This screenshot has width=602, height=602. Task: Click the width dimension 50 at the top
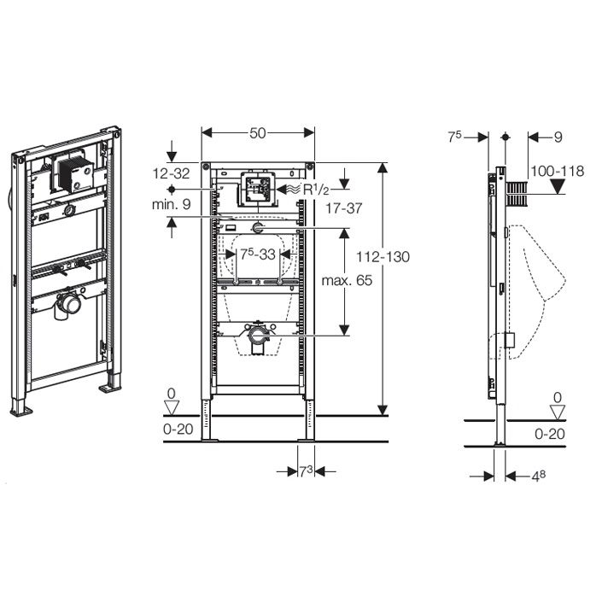click(258, 133)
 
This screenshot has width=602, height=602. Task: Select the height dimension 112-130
click(383, 257)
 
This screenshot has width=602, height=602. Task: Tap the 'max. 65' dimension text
click(347, 280)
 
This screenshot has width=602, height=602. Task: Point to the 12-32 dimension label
click(172, 173)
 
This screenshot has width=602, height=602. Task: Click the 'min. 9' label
click(172, 204)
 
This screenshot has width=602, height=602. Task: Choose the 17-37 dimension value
click(344, 208)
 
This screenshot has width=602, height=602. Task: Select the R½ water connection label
click(316, 190)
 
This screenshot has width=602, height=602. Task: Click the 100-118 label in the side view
click(558, 171)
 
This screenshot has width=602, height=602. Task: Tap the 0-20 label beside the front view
click(178, 429)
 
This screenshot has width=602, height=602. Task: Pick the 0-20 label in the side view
click(550, 435)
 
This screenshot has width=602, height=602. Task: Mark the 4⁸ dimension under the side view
click(538, 476)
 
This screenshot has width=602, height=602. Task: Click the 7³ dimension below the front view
click(306, 471)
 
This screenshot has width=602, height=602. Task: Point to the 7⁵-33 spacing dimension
click(258, 254)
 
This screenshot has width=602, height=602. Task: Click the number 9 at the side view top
click(558, 137)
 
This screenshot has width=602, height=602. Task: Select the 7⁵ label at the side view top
click(454, 137)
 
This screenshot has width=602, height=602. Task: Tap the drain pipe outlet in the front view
click(258, 336)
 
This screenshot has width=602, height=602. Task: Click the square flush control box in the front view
click(258, 188)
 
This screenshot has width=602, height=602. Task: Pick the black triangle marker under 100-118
click(557, 186)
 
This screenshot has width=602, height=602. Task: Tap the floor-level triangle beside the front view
click(172, 407)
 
